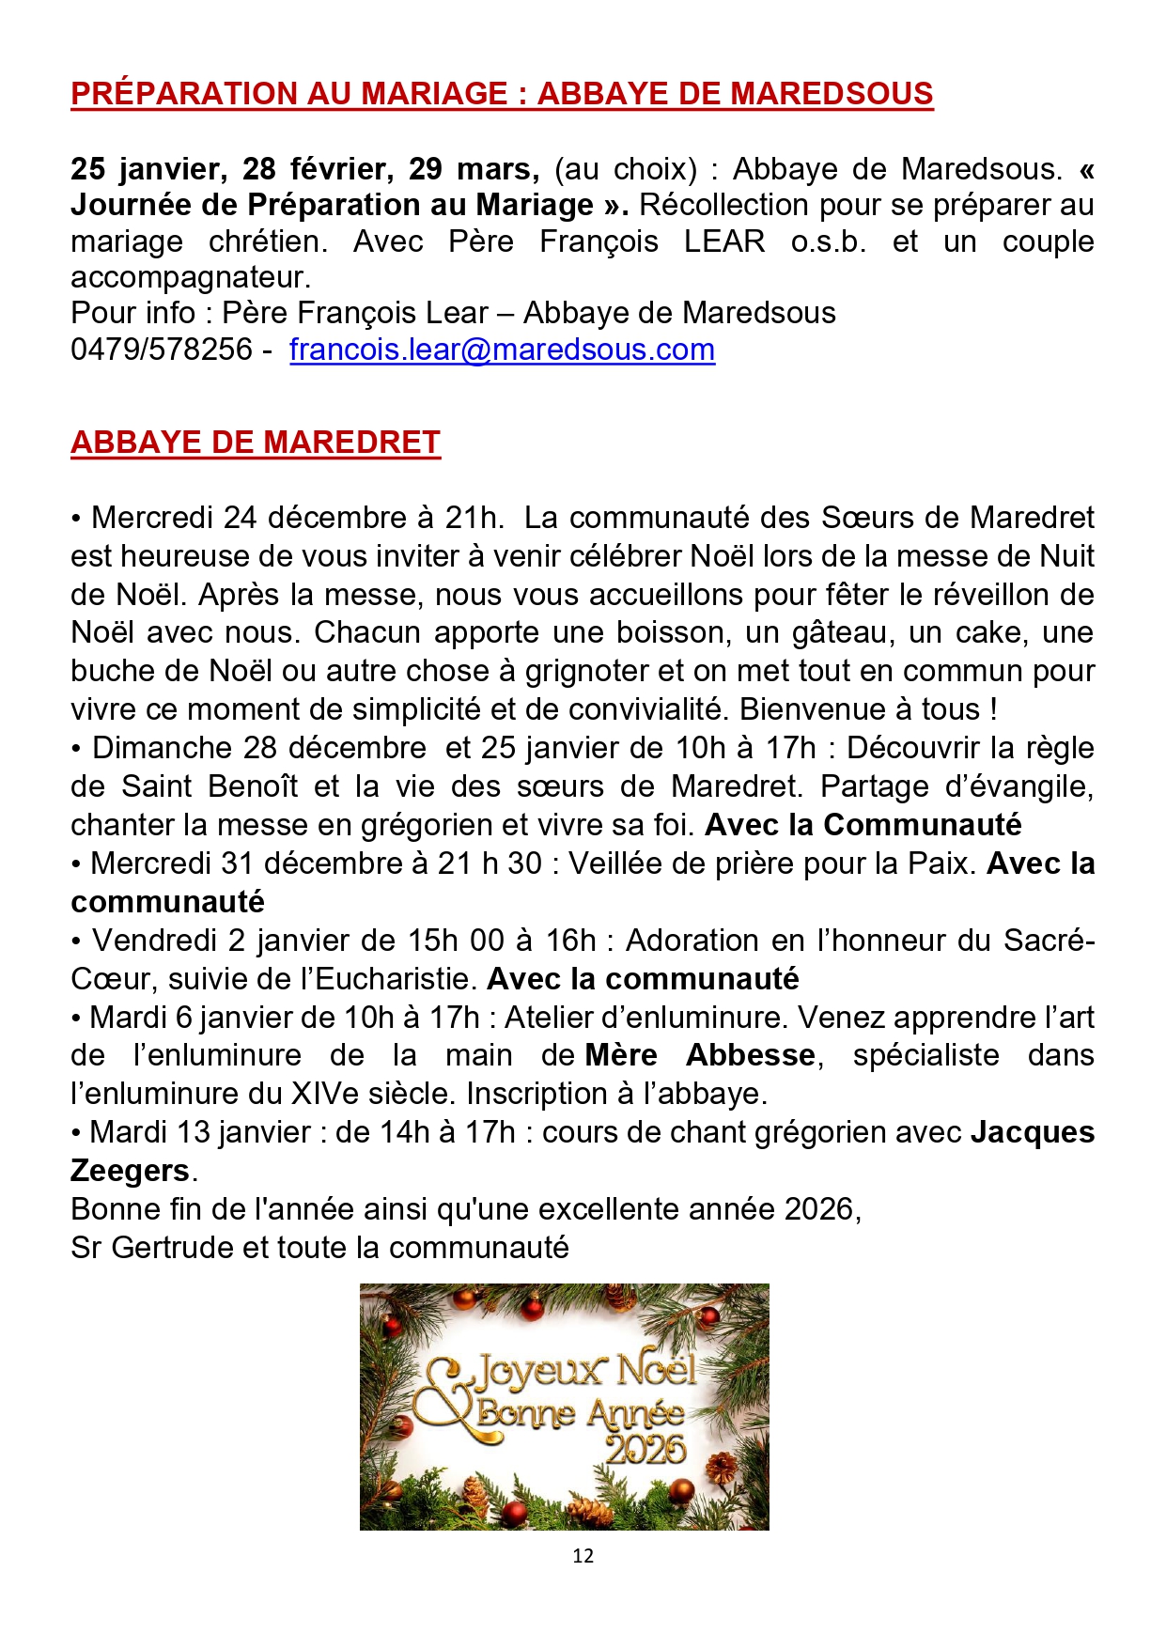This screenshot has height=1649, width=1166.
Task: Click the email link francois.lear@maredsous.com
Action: [x=502, y=350]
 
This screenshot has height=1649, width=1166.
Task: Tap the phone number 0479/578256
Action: [x=162, y=350]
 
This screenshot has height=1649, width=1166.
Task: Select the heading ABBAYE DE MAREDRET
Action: [x=256, y=443]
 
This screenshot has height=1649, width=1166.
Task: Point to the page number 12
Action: [x=583, y=1556]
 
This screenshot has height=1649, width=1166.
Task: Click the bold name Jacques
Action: [x=1032, y=1132]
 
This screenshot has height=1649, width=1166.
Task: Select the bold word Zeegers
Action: [x=131, y=1171]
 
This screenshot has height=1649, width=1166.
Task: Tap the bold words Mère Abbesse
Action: [x=699, y=1055]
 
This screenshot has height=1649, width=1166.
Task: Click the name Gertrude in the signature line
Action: [x=173, y=1248]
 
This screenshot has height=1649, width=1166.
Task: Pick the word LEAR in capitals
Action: [x=723, y=241]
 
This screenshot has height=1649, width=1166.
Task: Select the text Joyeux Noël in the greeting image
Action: [x=583, y=1371]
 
